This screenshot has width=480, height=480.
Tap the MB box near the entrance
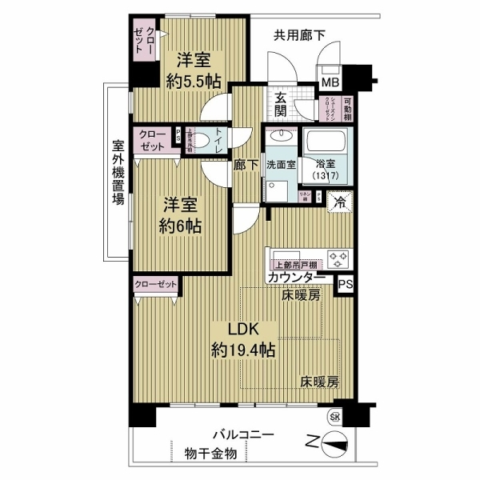pos(330,82)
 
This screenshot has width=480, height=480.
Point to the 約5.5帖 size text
pos(193,80)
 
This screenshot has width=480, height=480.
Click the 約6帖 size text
pos(179,226)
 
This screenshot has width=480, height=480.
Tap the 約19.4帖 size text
pos(243,349)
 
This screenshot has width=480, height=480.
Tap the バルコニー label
pos(243,434)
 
